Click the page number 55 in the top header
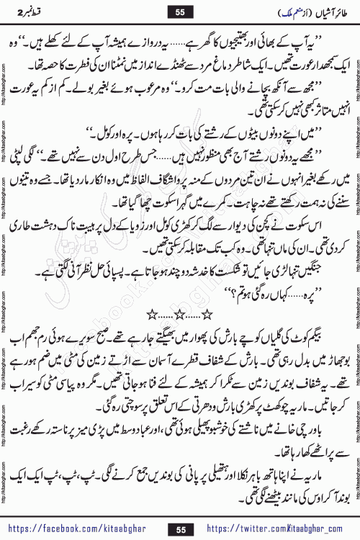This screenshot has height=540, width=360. (x=180, y=12)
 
